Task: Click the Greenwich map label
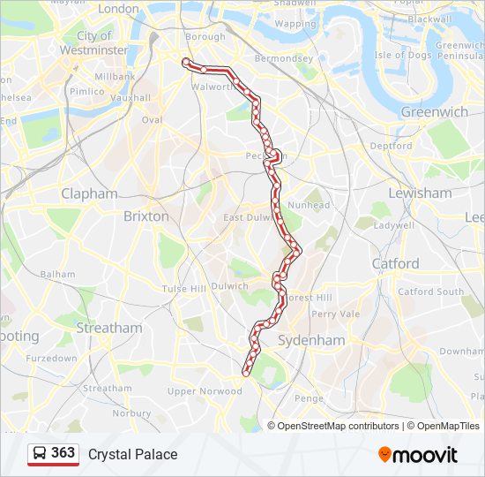click(x=434, y=112)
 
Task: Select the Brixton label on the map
click(x=145, y=216)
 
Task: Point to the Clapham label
click(x=89, y=193)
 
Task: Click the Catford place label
click(x=396, y=263)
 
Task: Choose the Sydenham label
click(x=311, y=340)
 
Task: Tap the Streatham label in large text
click(x=109, y=328)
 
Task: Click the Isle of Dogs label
click(x=403, y=55)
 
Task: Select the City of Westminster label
click(x=94, y=43)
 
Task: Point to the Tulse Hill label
click(x=183, y=289)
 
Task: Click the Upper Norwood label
click(x=205, y=391)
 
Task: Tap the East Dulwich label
click(x=250, y=217)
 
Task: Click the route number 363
click(x=63, y=453)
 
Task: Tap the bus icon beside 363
click(x=40, y=454)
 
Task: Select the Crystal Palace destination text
click(x=132, y=454)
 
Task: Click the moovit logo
click(x=418, y=455)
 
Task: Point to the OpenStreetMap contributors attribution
click(x=338, y=426)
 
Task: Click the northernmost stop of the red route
click(x=185, y=61)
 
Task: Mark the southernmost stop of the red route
click(x=246, y=373)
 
